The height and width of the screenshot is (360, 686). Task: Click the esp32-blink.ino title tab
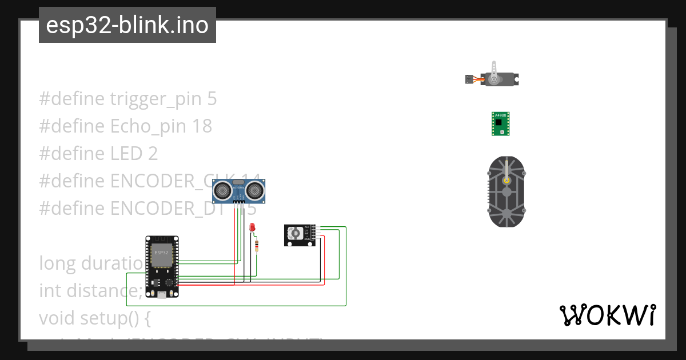[127, 25]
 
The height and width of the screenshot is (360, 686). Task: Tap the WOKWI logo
[607, 315]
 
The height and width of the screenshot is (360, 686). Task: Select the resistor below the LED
[257, 246]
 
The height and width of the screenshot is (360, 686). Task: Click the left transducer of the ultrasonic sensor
[223, 189]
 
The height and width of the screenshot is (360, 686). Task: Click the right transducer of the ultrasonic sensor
[257, 189]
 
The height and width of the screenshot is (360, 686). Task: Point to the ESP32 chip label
[161, 252]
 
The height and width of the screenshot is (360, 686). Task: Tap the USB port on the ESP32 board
[162, 294]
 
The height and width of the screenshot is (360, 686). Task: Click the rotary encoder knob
[296, 233]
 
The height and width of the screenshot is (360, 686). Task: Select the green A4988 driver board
[501, 123]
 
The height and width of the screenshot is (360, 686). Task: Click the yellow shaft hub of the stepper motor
[506, 179]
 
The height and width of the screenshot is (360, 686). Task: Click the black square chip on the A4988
[499, 122]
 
